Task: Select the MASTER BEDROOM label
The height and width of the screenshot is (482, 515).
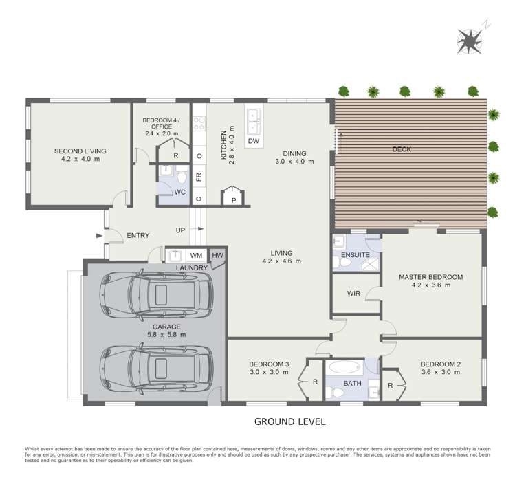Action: click(x=430, y=277)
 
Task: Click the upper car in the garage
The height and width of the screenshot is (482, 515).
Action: click(x=157, y=294)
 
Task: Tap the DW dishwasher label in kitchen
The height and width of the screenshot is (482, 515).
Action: click(x=253, y=141)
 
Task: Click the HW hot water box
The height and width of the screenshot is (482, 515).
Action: click(x=218, y=255)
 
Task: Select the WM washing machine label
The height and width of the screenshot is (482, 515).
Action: click(x=196, y=255)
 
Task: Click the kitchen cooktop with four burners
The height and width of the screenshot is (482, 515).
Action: click(x=199, y=124)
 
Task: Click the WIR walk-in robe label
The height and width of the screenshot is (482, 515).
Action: click(x=353, y=293)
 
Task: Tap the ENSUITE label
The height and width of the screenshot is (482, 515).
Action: click(x=355, y=255)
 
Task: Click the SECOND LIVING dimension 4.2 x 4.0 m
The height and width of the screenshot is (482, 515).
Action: click(x=80, y=160)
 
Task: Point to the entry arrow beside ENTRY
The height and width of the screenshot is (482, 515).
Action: click(x=100, y=236)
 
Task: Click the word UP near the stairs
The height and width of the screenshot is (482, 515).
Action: click(x=181, y=230)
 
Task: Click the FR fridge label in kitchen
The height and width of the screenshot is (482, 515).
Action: click(x=199, y=176)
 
